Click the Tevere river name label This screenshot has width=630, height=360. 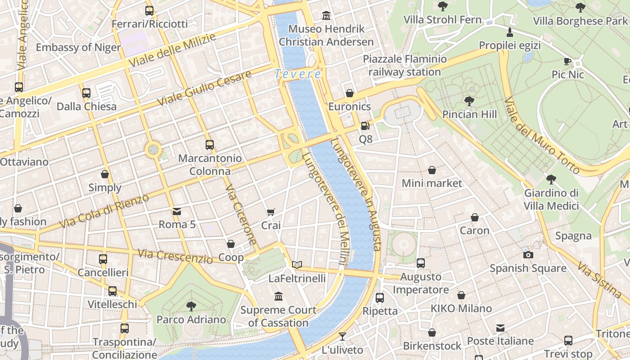click(x=298, y=74)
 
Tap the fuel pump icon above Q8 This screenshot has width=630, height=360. click(x=365, y=126)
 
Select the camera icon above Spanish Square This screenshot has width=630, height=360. click(x=528, y=255)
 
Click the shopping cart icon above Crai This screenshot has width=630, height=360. click(x=270, y=212)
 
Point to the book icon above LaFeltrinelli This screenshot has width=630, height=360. click(x=297, y=265)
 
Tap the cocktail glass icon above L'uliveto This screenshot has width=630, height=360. click(x=342, y=336)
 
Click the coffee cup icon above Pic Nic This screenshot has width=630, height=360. click(x=567, y=61)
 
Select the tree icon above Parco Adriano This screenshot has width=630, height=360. click(x=191, y=306)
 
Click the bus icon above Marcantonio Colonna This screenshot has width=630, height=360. click(x=210, y=144)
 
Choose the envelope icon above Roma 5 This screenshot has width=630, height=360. click(x=177, y=211)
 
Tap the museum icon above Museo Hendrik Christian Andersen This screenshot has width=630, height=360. click(x=326, y=16)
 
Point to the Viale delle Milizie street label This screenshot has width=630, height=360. click(x=172, y=50)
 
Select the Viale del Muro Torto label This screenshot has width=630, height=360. click(x=542, y=135)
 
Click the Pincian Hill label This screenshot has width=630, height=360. click(x=469, y=114)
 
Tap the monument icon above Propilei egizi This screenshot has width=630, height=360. click(x=509, y=32)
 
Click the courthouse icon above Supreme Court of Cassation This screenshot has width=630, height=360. click(x=279, y=296)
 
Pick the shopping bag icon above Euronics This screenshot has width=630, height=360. click(x=350, y=93)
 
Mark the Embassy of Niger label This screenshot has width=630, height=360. click(x=78, y=47)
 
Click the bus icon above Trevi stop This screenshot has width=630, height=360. click(x=568, y=340)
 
